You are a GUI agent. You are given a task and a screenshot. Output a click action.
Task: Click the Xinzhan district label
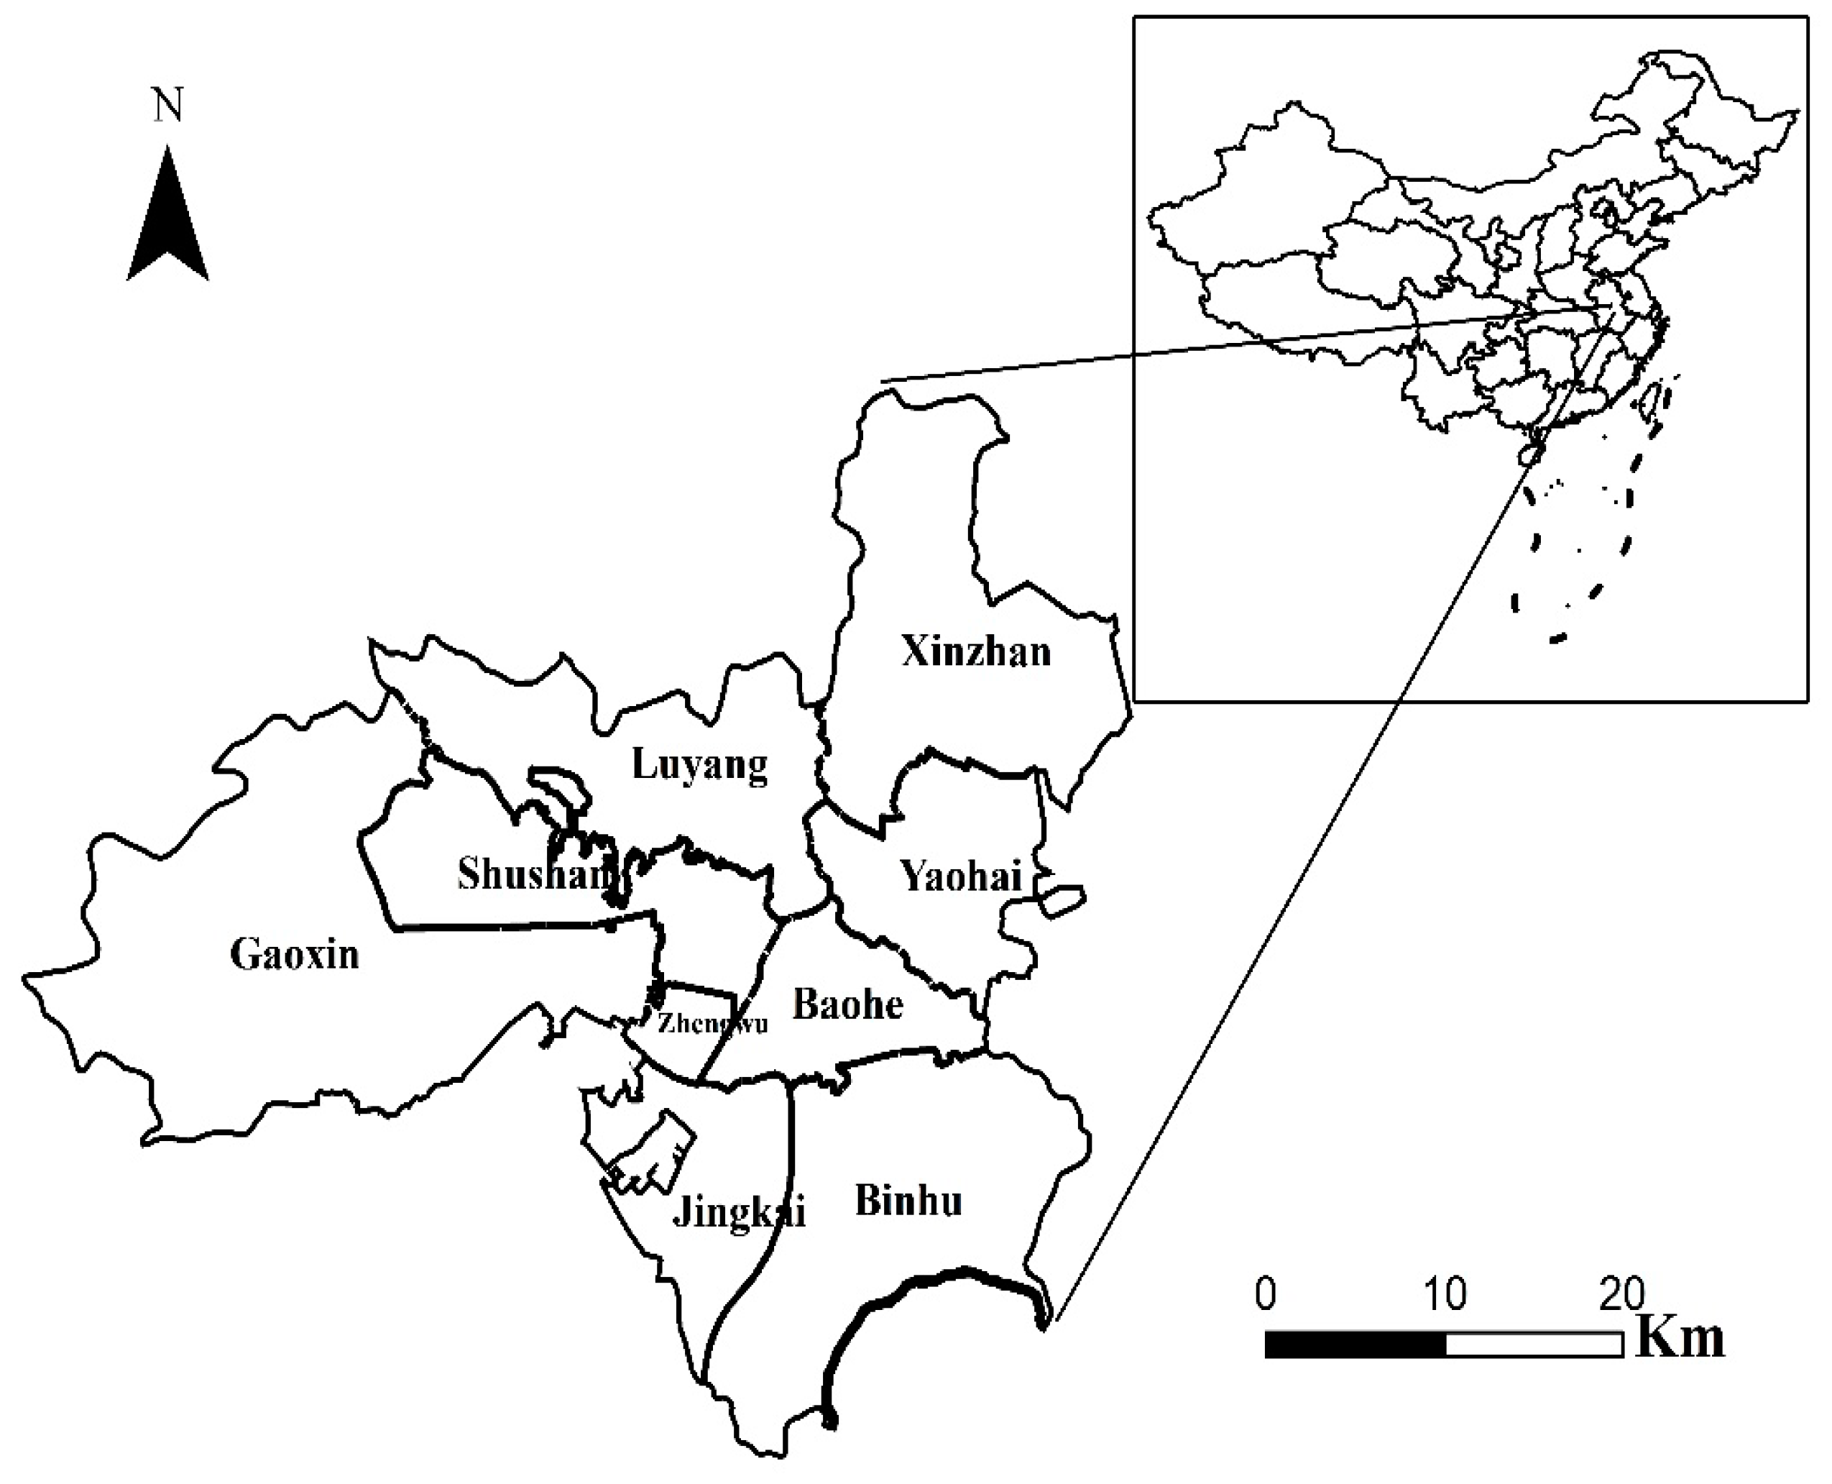click(x=976, y=652)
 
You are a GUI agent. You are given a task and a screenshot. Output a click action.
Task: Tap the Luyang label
click(x=699, y=764)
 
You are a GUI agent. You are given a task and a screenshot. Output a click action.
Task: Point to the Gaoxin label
click(x=295, y=954)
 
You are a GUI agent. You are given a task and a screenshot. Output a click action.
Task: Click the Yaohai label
click(x=962, y=877)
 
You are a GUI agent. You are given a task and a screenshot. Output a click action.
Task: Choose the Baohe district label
click(x=847, y=1004)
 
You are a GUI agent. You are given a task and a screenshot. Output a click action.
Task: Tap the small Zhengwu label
click(x=712, y=1023)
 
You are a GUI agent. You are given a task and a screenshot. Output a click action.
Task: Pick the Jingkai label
click(x=739, y=1212)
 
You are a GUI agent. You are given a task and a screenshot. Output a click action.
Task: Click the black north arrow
click(x=167, y=218)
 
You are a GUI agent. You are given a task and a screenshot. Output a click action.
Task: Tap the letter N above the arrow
click(x=168, y=106)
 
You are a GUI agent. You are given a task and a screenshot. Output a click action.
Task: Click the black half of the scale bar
click(x=1355, y=1345)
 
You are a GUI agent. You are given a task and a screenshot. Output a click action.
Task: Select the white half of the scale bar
click(x=1534, y=1345)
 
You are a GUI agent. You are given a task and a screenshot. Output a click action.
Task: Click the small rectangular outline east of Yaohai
click(x=1062, y=901)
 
